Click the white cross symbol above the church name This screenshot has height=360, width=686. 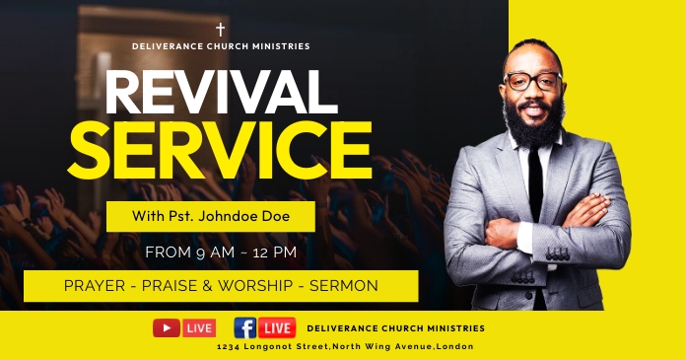(x=221, y=30)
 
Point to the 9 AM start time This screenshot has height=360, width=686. (x=205, y=252)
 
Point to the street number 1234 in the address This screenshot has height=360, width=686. (x=229, y=347)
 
